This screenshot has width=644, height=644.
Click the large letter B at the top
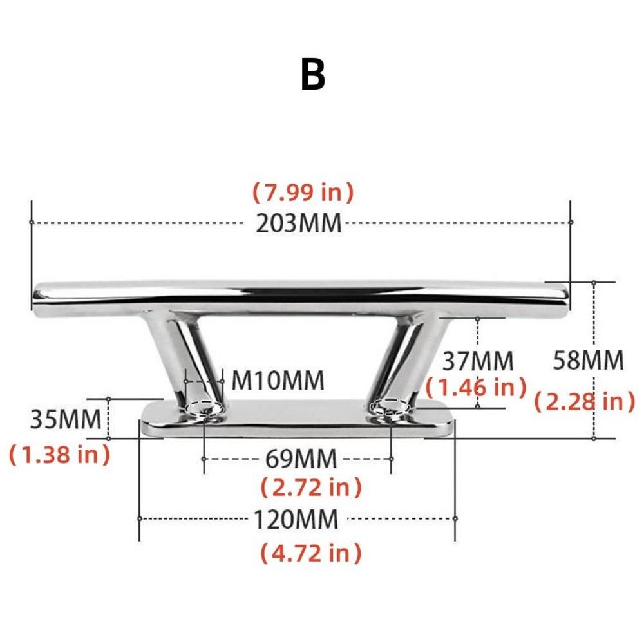pos(313,75)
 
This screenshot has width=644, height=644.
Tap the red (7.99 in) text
pos(303,191)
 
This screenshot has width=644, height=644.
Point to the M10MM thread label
pos(278,381)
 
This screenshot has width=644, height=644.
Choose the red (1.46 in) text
pos(477,387)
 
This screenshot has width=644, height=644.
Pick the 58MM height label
pos(589,361)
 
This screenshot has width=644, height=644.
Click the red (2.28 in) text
pos(585,402)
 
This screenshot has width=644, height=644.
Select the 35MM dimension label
pos(66,419)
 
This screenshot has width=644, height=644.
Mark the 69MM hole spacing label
pos(301,459)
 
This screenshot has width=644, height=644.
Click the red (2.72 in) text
pos(311,488)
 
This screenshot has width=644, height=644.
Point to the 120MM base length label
pos(295,519)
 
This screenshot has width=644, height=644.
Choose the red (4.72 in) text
pos(311,553)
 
